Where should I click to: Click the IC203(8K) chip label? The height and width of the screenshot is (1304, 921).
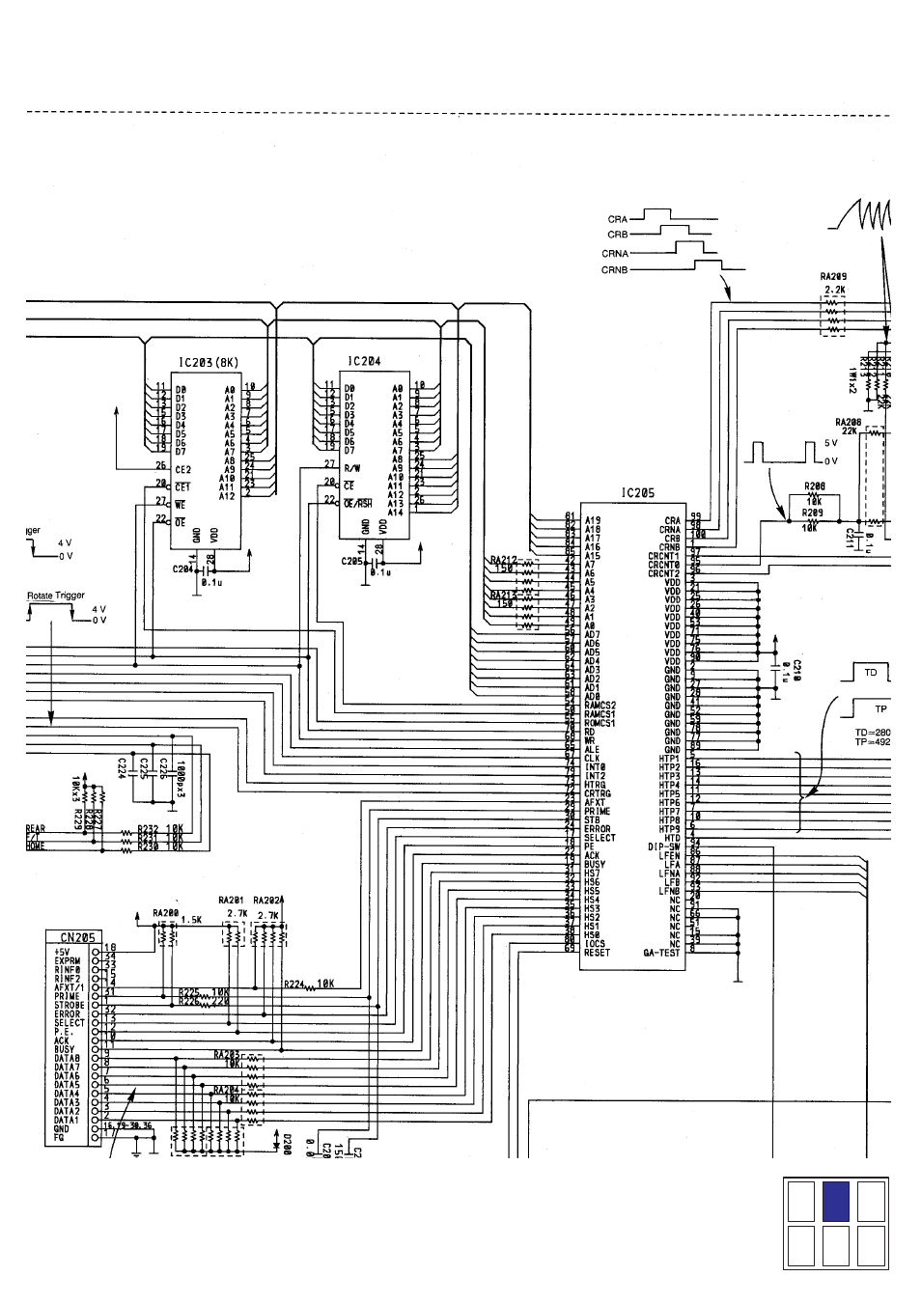tap(207, 363)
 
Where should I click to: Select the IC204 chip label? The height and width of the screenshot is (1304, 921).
tap(364, 361)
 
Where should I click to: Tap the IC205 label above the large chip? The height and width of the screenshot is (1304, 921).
tap(638, 492)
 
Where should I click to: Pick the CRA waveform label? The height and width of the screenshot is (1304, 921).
tap(618, 219)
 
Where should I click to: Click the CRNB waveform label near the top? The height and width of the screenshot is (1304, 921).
tap(615, 270)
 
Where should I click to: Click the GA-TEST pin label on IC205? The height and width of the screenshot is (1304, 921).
tap(661, 953)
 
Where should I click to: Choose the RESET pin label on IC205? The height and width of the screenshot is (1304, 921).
tap(598, 953)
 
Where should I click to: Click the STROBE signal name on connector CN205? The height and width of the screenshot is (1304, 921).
tap(69, 1005)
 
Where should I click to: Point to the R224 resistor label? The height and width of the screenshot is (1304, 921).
tap(294, 985)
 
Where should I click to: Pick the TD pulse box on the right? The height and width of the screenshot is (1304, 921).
tap(870, 672)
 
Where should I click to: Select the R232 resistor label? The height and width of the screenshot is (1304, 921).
tap(148, 828)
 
